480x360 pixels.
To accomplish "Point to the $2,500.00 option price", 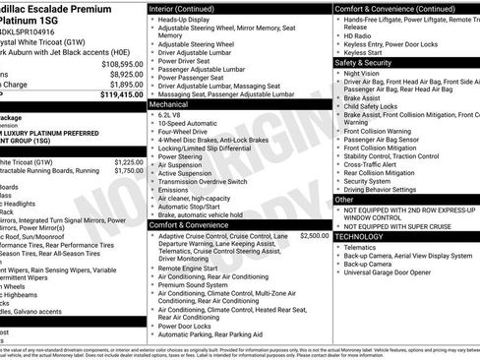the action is pyautogui.click(x=314, y=236).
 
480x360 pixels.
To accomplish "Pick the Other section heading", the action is pyautogui.click(x=344, y=199).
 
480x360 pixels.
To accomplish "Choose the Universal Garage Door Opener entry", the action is pyautogui.click(x=395, y=271).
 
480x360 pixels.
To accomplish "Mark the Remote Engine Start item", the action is pyautogui.click(x=193, y=268).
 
